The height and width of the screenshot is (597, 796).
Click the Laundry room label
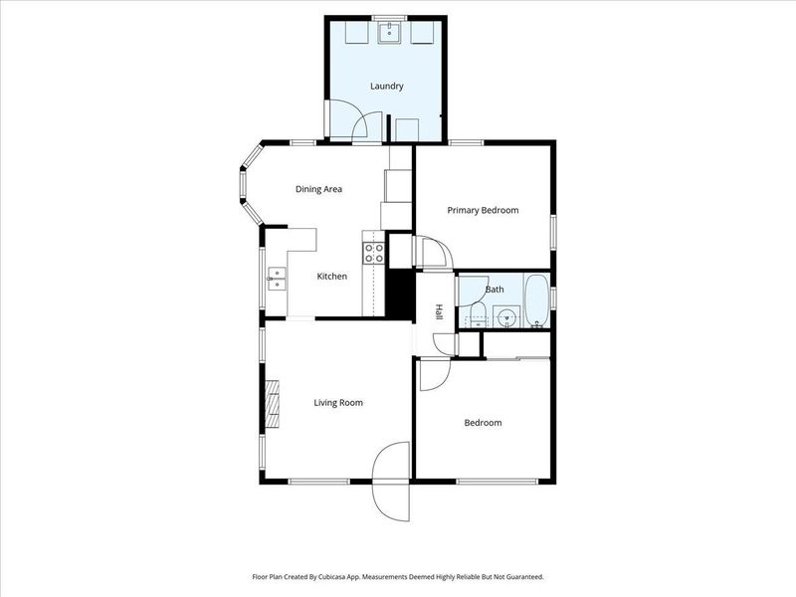pyautogui.click(x=387, y=87)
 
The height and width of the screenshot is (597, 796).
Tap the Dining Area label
pyautogui.click(x=318, y=189)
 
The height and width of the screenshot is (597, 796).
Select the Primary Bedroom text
pyautogui.click(x=483, y=210)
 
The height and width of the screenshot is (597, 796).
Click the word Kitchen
pyautogui.click(x=332, y=277)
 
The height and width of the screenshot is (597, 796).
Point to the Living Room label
pyautogui.click(x=338, y=403)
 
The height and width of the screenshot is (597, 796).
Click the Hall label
pyautogui.click(x=439, y=311)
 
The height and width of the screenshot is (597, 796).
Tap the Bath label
pyautogui.click(x=495, y=290)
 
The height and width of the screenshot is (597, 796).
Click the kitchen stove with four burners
pyautogui.click(x=374, y=254)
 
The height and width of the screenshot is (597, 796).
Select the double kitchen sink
pyautogui.click(x=277, y=279)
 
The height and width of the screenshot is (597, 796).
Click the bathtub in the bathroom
pyautogui.click(x=536, y=301)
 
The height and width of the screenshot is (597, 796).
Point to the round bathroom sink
pyautogui.click(x=506, y=317)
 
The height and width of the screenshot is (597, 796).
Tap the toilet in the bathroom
pyautogui.click(x=478, y=315)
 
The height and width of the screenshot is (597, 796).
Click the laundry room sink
pyautogui.click(x=390, y=33)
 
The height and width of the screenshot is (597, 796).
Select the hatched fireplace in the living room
pyautogui.click(x=273, y=404)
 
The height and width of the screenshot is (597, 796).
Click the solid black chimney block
pyautogui.click(x=400, y=295)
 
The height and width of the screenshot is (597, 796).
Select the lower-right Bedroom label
pyautogui.click(x=483, y=423)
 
